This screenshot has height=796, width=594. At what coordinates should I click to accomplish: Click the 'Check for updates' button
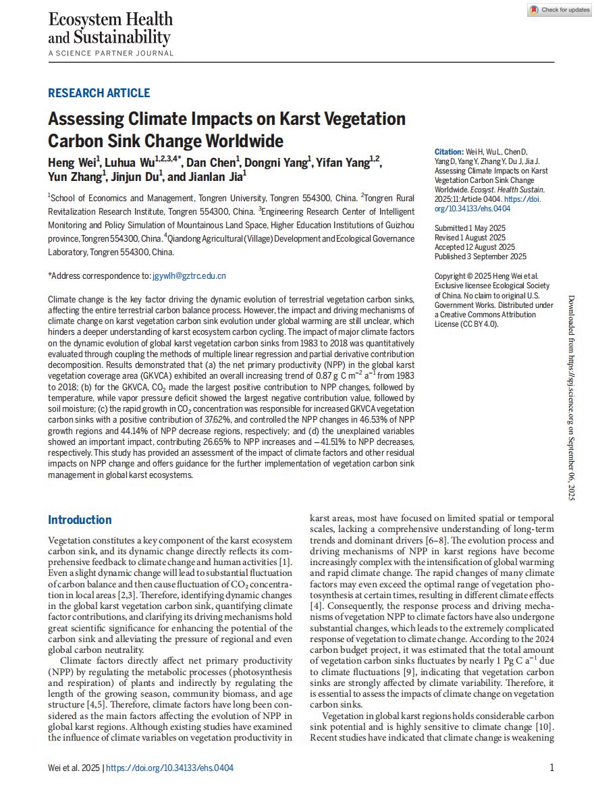(x=560, y=10)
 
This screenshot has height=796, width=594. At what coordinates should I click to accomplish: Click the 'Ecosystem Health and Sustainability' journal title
(x=110, y=28)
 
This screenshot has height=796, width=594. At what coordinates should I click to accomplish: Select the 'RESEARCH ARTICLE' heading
(x=99, y=93)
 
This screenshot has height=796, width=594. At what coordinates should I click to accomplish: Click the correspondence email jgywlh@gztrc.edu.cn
(x=189, y=275)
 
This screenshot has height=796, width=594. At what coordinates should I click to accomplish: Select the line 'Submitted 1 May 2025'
(x=470, y=228)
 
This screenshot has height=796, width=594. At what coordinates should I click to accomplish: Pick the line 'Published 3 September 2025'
(x=481, y=257)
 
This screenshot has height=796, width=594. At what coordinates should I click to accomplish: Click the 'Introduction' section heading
(x=80, y=520)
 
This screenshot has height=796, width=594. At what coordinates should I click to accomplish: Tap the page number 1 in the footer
(x=551, y=768)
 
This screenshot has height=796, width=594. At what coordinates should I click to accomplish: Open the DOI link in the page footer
(x=170, y=768)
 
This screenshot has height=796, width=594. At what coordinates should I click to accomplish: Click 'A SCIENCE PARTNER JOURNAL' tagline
(x=111, y=53)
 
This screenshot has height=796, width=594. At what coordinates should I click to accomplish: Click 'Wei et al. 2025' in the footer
(x=74, y=768)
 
